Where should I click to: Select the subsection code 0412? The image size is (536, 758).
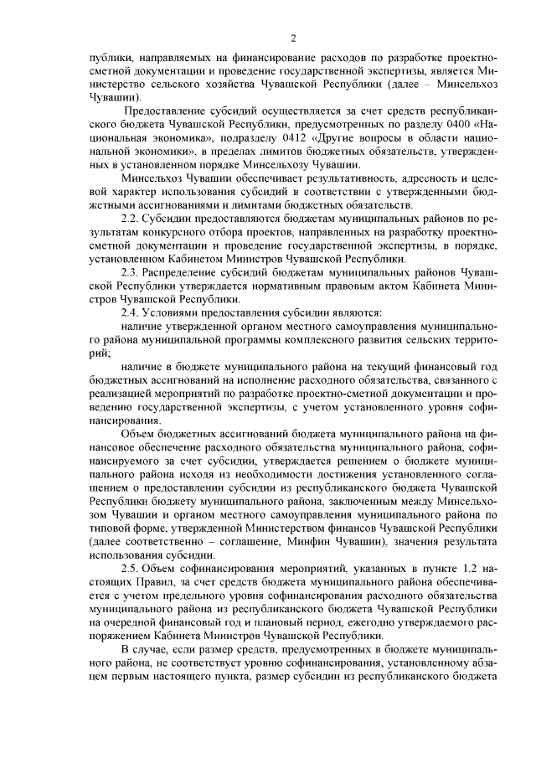coord(262,143)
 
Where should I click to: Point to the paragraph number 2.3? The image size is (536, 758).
coord(131,274)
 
